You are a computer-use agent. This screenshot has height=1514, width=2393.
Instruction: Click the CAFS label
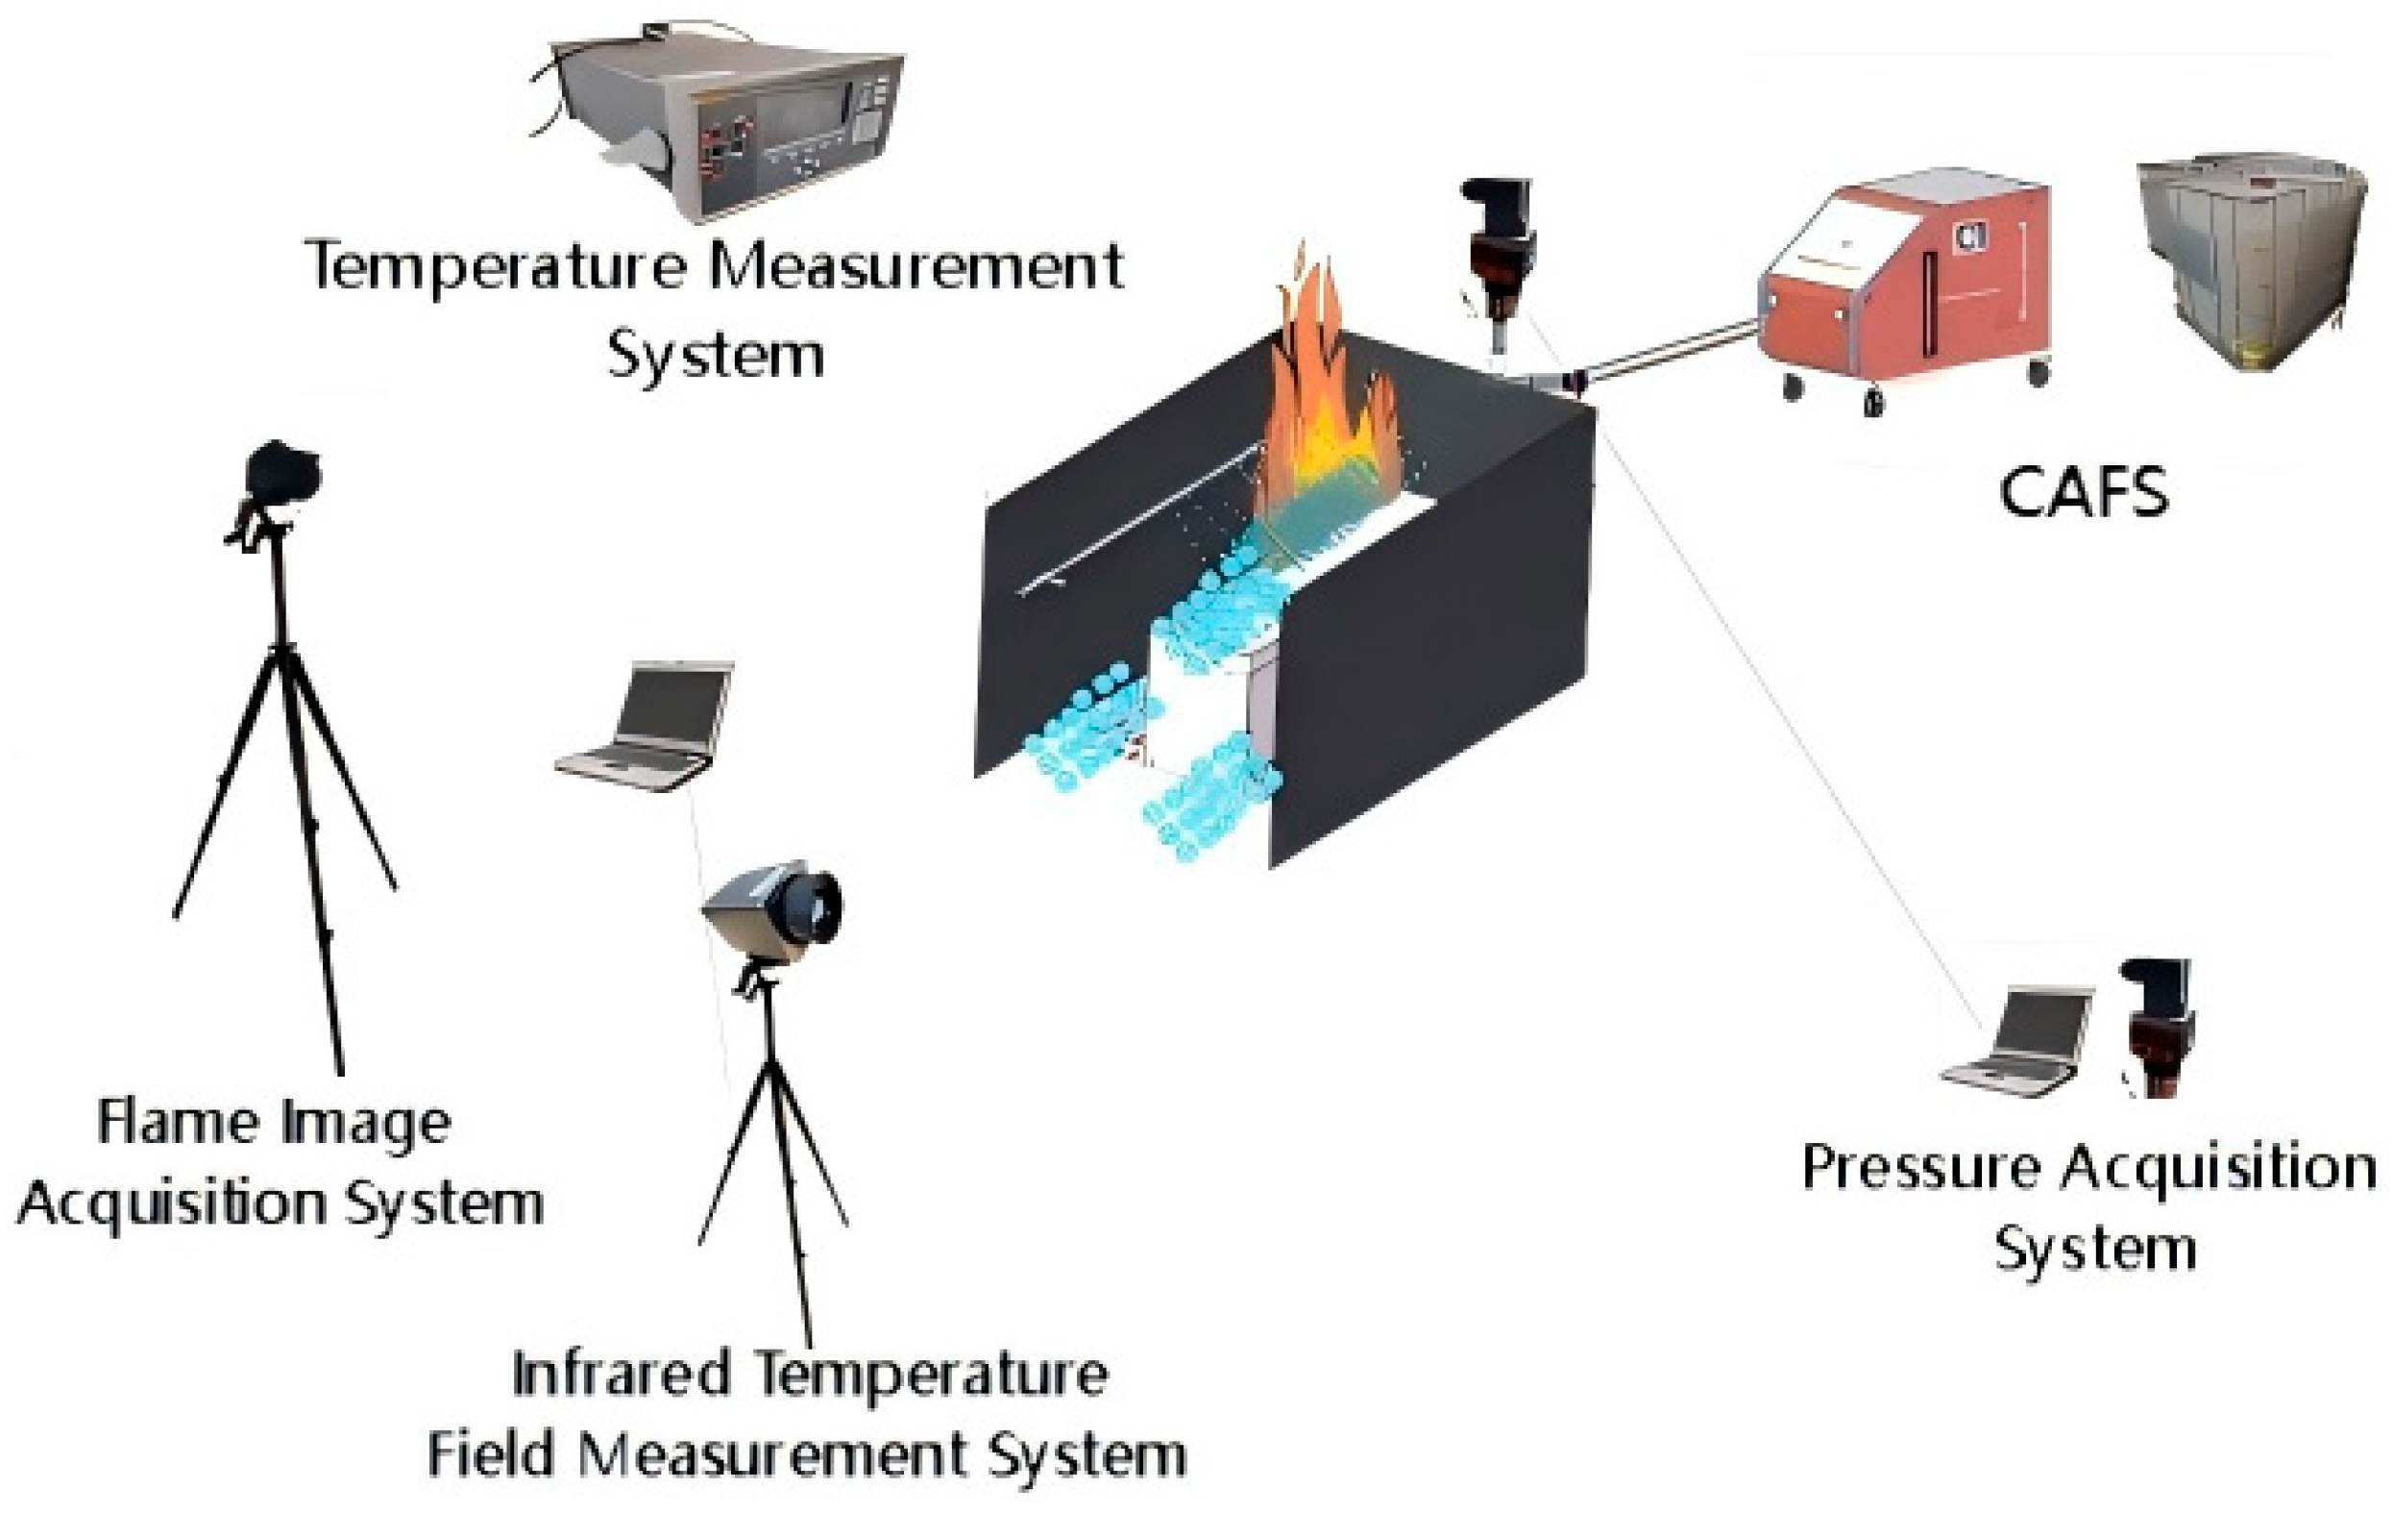[2083, 493]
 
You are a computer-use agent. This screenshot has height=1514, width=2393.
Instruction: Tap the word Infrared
[622, 1375]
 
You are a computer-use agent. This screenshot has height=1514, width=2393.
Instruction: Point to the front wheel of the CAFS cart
[1873, 403]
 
